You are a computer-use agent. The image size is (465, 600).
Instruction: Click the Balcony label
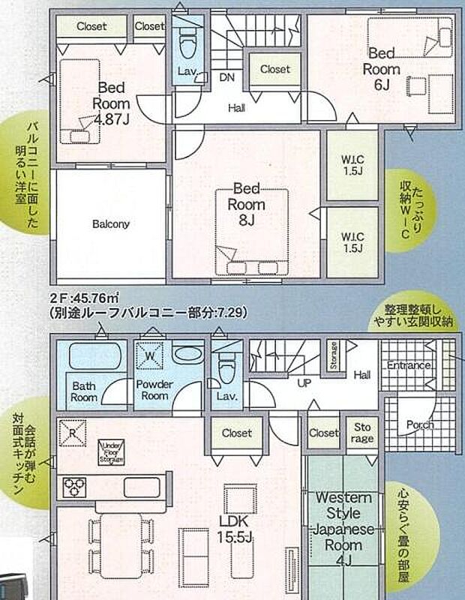coord(111,223)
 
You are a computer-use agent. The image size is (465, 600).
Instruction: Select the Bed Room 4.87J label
coord(112,102)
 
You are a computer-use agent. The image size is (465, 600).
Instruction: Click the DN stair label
coord(226,76)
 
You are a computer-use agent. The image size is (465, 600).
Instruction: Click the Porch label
coord(419,424)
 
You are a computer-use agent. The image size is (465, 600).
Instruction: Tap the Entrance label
coord(409,366)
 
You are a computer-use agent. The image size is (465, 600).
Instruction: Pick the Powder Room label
coord(154,390)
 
